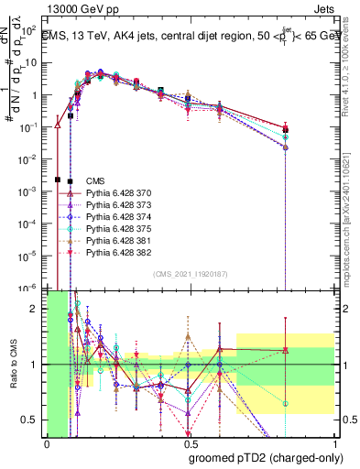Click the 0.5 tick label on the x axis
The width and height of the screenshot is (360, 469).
tap(191, 444)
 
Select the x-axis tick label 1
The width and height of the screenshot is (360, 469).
tap(335, 444)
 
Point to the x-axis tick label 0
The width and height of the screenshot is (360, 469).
tap(47, 444)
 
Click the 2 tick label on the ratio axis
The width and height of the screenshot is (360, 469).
tap(36, 309)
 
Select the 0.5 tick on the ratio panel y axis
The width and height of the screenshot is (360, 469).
tap(33, 420)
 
